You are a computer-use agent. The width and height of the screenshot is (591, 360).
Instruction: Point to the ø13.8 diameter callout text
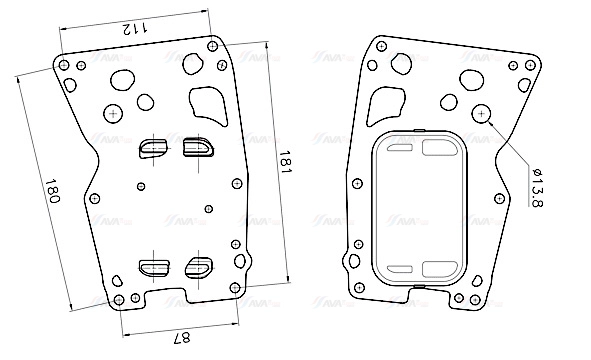(536, 188)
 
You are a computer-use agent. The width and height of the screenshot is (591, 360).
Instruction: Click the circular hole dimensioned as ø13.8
(482, 114)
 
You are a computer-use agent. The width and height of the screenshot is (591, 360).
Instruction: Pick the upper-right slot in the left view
(196, 148)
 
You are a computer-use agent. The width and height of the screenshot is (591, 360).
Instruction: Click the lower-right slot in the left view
(196, 267)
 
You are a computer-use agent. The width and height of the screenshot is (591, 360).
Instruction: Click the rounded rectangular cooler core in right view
(420, 210)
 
